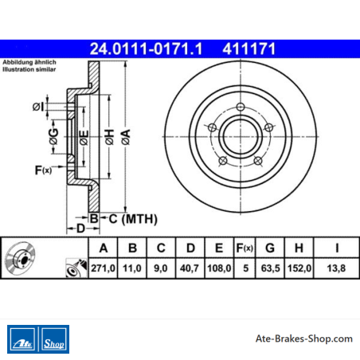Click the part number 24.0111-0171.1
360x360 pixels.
click(x=146, y=49)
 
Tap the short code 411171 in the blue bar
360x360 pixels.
click(x=249, y=49)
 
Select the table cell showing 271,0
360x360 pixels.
click(x=103, y=268)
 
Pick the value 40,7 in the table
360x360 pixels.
click(x=190, y=268)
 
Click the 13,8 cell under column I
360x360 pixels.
click(x=336, y=268)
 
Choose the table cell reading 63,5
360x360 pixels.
click(x=270, y=268)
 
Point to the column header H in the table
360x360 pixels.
click(x=299, y=248)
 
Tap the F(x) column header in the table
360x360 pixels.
click(x=245, y=248)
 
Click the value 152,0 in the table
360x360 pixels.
click(x=299, y=268)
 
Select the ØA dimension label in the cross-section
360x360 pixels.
click(x=126, y=137)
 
